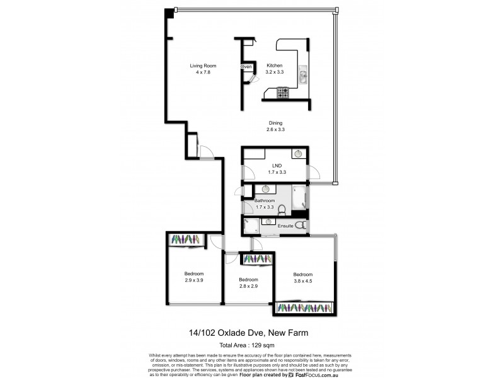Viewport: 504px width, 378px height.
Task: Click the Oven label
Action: [x=246, y=67]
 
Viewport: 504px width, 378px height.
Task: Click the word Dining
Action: [x=275, y=123]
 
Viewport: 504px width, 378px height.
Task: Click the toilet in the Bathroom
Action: [x=282, y=210]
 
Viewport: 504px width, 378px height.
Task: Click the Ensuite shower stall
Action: [x=250, y=226]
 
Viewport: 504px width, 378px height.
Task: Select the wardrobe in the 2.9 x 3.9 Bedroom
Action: [x=185, y=240]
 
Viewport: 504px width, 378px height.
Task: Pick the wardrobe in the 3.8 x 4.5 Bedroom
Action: [x=304, y=307]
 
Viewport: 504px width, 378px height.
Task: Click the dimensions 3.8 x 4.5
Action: [x=303, y=281]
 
